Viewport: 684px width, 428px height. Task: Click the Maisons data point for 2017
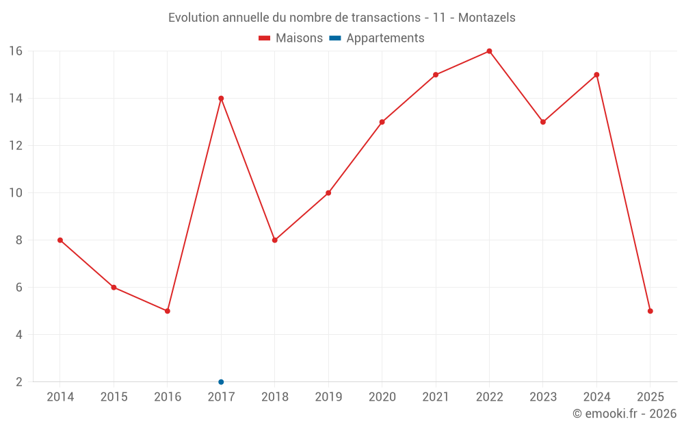coord(221,99)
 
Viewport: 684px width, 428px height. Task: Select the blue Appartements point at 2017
coord(221,381)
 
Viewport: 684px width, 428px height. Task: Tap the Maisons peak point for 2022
coord(489,51)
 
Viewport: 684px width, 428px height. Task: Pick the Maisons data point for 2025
coord(650,311)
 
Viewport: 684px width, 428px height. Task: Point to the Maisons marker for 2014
coord(60,240)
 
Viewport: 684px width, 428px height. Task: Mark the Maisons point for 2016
coord(168,311)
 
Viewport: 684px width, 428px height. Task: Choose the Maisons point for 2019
coord(328,193)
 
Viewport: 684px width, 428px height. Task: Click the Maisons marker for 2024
coord(596,75)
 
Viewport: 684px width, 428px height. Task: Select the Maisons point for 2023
coord(543,122)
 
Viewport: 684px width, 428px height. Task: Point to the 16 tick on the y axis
coord(16,51)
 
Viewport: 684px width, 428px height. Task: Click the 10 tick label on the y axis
coord(16,193)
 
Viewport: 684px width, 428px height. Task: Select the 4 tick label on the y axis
coord(19,335)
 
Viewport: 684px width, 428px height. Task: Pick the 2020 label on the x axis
coord(382,397)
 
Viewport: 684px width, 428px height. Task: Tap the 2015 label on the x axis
coord(114,397)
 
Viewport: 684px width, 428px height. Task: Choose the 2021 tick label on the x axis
coord(436,397)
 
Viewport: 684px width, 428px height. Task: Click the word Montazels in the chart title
coord(487,17)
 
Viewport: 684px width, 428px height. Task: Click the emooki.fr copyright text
coord(624,414)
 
